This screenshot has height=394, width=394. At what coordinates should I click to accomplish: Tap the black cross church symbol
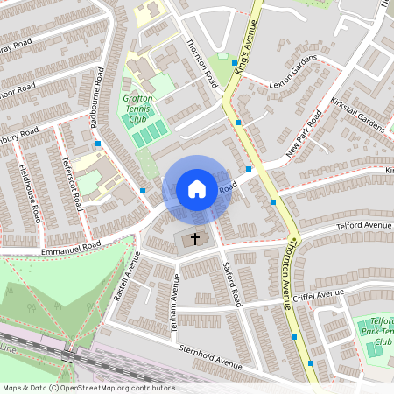point(195,237)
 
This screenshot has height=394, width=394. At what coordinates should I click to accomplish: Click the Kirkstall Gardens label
point(358,116)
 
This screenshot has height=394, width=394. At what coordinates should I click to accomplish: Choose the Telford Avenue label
point(364,226)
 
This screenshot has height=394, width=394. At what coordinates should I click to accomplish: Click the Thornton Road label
point(201,62)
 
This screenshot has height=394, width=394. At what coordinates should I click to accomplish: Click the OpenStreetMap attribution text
point(88,387)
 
